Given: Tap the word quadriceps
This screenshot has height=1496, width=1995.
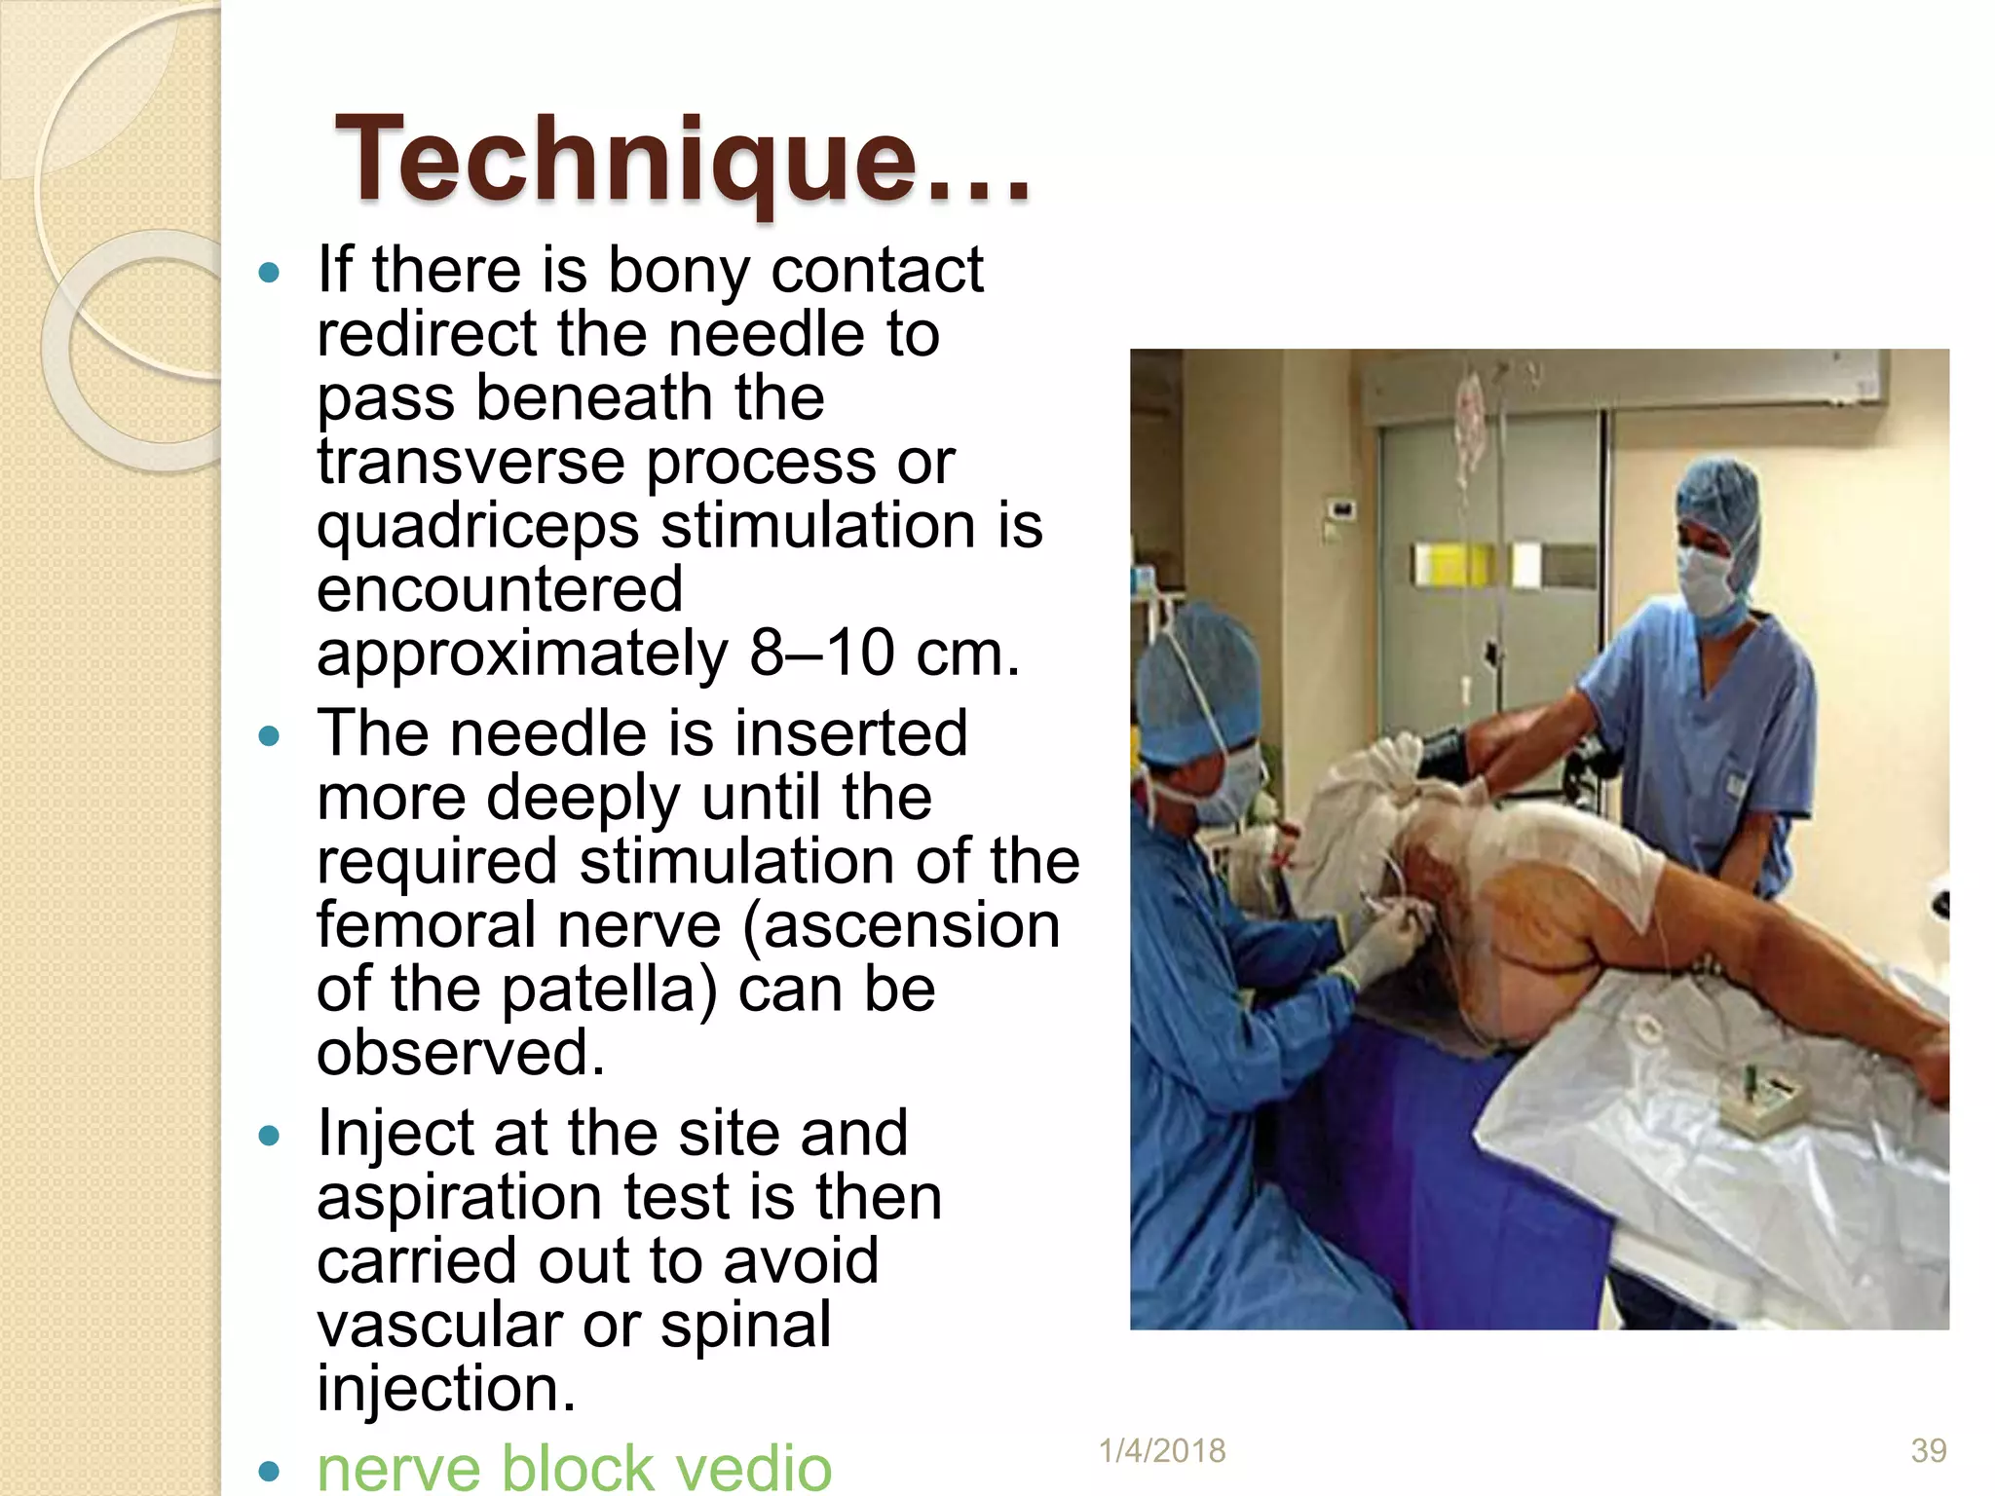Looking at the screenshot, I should point(477,527).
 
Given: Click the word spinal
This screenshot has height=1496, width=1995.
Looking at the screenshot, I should point(746,1325).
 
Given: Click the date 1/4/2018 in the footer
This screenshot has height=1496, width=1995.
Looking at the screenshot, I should point(1161,1451).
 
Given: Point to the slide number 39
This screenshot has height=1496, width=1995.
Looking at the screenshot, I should point(1928,1451).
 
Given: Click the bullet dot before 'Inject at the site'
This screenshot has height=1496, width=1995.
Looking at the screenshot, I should point(270,1136).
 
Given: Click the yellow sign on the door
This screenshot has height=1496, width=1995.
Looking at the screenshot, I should point(1443,565).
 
